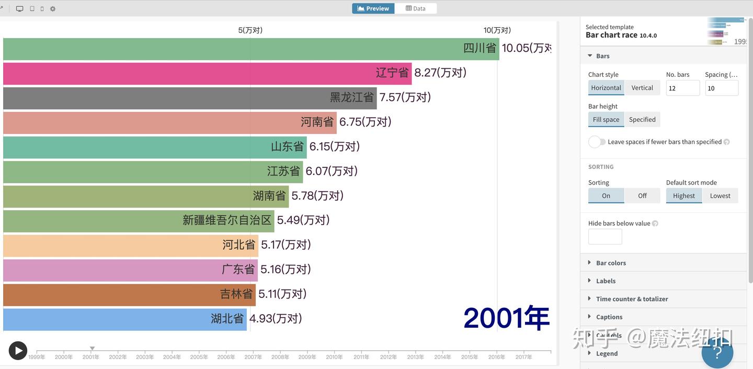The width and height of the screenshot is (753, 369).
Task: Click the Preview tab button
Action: (x=373, y=8)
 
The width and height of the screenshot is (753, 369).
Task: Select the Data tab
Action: (x=416, y=8)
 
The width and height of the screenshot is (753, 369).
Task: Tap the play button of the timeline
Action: (x=18, y=351)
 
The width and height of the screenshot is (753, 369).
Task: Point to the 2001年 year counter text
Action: (x=506, y=318)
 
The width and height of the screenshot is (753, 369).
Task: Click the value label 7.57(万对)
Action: (x=405, y=97)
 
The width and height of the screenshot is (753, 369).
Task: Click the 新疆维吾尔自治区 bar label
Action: (x=227, y=221)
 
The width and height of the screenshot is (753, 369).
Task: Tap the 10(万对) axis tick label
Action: (x=497, y=30)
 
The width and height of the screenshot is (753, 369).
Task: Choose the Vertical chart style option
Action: (x=642, y=88)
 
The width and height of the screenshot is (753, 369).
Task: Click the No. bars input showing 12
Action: (x=682, y=88)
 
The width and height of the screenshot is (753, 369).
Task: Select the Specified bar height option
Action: (x=642, y=120)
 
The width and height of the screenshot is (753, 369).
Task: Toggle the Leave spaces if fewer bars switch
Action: (x=597, y=142)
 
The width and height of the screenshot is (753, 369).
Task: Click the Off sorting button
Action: (x=642, y=196)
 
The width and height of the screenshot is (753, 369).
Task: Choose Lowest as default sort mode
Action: (x=720, y=196)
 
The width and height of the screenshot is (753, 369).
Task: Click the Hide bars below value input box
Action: (x=605, y=237)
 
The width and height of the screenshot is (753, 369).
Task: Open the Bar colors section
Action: (x=611, y=263)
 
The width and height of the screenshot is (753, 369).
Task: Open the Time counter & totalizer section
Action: (x=632, y=299)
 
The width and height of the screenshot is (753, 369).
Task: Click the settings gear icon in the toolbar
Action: (x=53, y=9)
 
